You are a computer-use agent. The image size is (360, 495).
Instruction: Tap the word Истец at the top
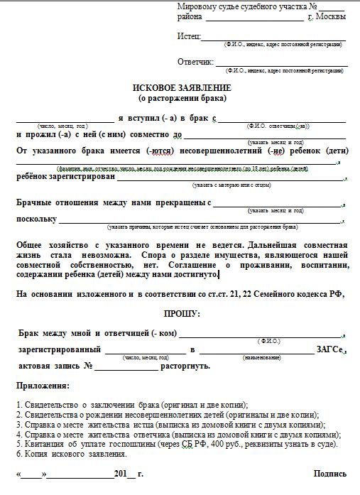coord(189,36)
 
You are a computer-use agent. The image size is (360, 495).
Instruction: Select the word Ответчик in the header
coord(195,62)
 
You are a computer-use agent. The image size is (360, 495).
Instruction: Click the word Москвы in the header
coord(331,16)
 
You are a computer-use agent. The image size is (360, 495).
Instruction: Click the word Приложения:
coord(43,386)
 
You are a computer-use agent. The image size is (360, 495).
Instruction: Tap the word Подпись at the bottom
coord(330,474)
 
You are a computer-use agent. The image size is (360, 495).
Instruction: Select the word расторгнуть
coord(185,366)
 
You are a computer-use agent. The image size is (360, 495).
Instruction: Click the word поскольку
coord(37,219)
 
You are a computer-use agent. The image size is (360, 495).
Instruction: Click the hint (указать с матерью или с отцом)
coord(231,185)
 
